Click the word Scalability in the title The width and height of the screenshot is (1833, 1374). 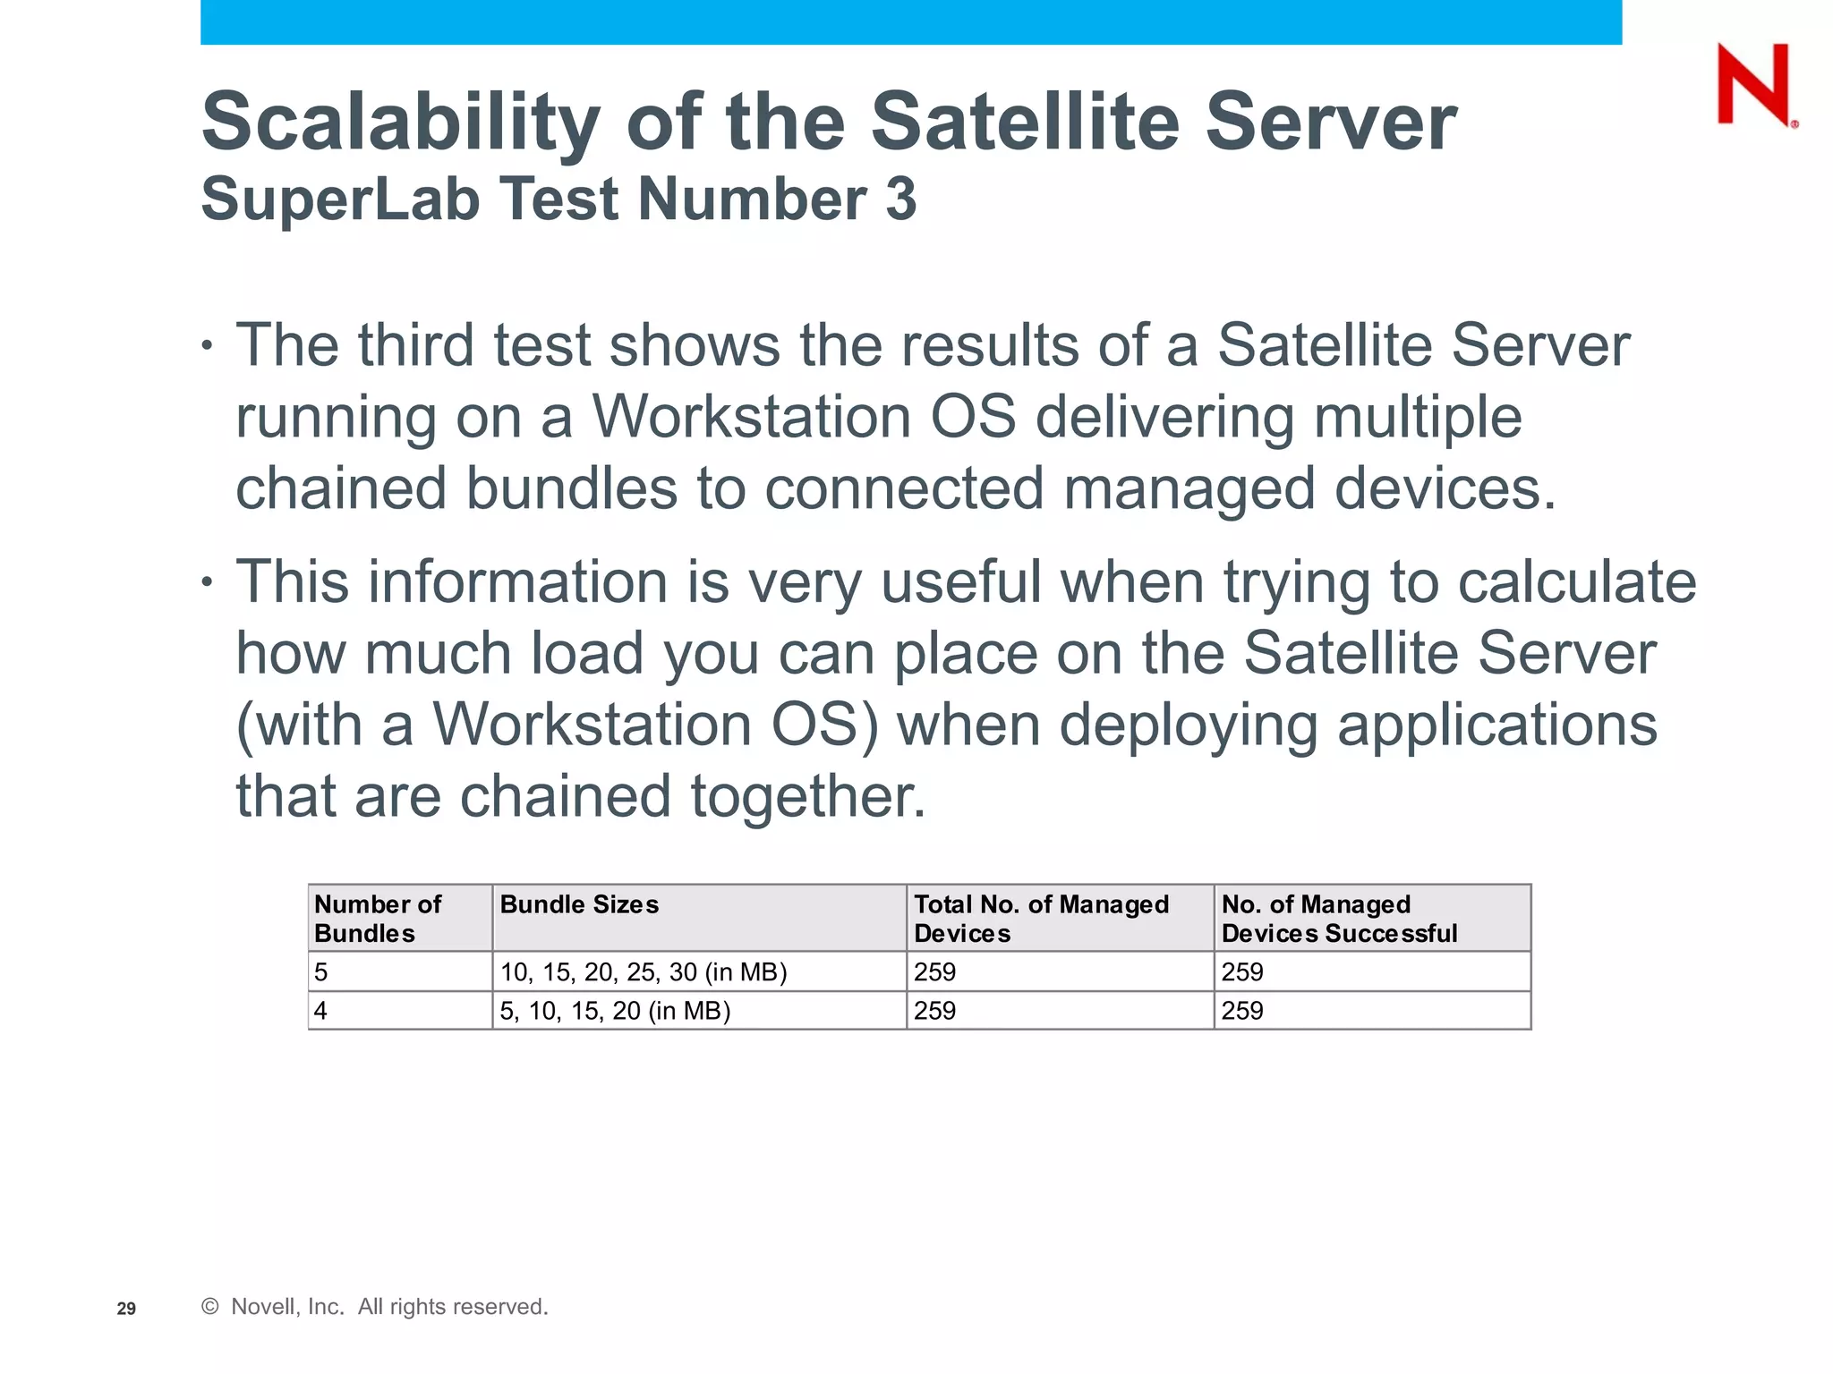(400, 123)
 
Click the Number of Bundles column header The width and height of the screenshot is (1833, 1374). (378, 918)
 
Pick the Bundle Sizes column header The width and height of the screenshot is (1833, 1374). (579, 904)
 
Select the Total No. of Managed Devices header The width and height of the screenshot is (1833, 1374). (1041, 918)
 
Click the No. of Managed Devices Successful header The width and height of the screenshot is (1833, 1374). (1339, 918)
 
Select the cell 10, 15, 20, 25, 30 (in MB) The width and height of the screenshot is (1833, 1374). (644, 971)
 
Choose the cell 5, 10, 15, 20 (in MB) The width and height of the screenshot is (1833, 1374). (615, 1011)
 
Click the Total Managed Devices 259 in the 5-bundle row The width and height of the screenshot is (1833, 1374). (934, 971)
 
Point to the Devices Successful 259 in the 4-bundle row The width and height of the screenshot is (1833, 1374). (1242, 1011)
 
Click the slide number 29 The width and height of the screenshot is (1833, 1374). (126, 1309)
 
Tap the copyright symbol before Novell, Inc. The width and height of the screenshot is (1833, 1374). (210, 1307)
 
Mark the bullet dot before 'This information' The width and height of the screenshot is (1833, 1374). (208, 581)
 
